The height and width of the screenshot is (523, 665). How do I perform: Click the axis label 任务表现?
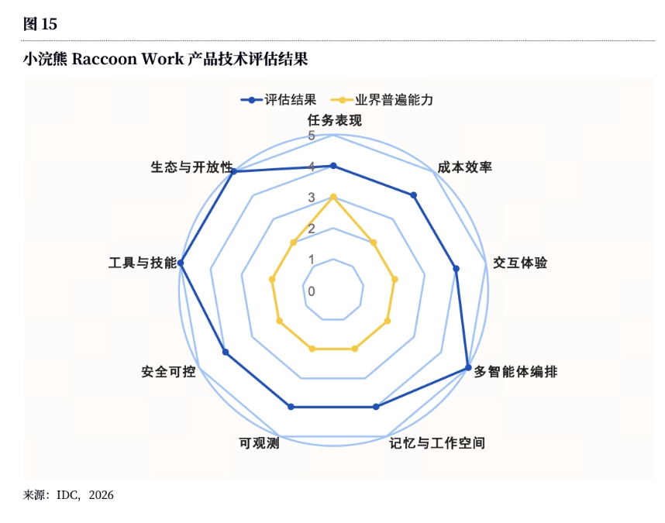pyautogui.click(x=335, y=120)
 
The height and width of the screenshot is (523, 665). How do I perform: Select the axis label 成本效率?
pyautogui.click(x=465, y=167)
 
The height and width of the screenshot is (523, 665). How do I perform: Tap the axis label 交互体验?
pyautogui.click(x=520, y=263)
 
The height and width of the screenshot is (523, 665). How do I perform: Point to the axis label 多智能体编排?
pyautogui.click(x=515, y=372)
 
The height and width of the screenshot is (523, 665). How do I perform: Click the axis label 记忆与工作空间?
pyautogui.click(x=437, y=443)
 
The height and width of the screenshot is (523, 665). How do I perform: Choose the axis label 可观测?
pyautogui.click(x=259, y=443)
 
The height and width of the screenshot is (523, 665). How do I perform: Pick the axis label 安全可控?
pyautogui.click(x=168, y=372)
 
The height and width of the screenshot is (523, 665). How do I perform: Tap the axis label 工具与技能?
pyautogui.click(x=143, y=263)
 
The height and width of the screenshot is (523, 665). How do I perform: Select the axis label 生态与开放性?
pyautogui.click(x=191, y=167)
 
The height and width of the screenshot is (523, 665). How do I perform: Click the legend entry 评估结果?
pyautogui.click(x=278, y=100)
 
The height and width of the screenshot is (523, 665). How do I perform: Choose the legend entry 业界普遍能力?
pyautogui.click(x=381, y=100)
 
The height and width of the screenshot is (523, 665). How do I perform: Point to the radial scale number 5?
pyautogui.click(x=312, y=136)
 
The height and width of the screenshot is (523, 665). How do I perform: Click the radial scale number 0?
pyautogui.click(x=312, y=291)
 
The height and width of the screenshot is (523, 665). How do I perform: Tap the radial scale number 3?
pyautogui.click(x=312, y=198)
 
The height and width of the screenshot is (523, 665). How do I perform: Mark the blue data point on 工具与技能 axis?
pyautogui.click(x=181, y=263)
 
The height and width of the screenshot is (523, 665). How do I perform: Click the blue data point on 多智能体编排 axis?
pyautogui.click(x=468, y=367)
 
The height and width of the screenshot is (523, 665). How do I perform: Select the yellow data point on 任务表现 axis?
pyautogui.click(x=333, y=197)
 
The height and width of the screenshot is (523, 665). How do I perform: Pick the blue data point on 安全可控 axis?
pyautogui.click(x=226, y=353)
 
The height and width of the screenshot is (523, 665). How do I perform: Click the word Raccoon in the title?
pyautogui.click(x=104, y=59)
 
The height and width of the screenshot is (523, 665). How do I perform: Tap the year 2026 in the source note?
pyautogui.click(x=102, y=495)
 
